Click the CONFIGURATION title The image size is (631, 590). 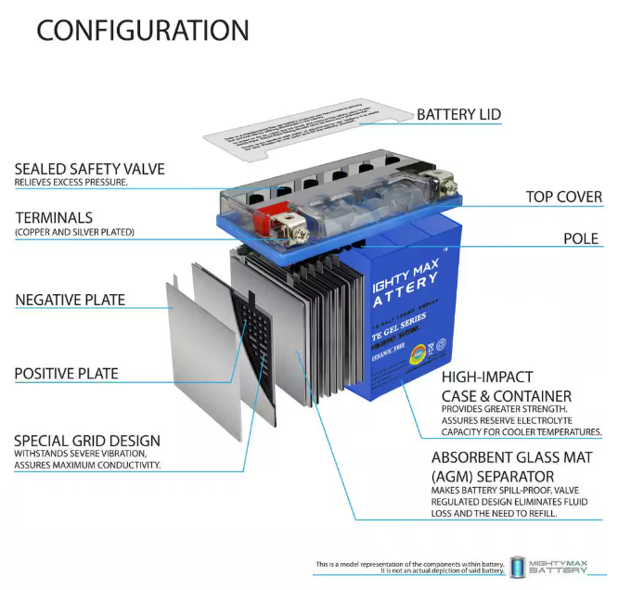tap(142, 30)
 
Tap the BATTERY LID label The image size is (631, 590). tap(458, 115)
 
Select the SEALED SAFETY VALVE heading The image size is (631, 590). tap(89, 169)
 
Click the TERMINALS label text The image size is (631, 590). tap(54, 218)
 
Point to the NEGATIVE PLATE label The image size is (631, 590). tap(70, 300)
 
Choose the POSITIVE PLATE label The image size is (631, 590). tap(66, 374)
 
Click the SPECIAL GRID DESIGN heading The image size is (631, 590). tap(87, 441)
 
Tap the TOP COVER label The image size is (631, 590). tap(563, 197)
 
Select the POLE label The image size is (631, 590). tap(581, 238)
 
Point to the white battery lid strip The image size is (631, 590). tap(306, 128)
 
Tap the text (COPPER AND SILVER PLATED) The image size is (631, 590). tap(74, 232)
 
